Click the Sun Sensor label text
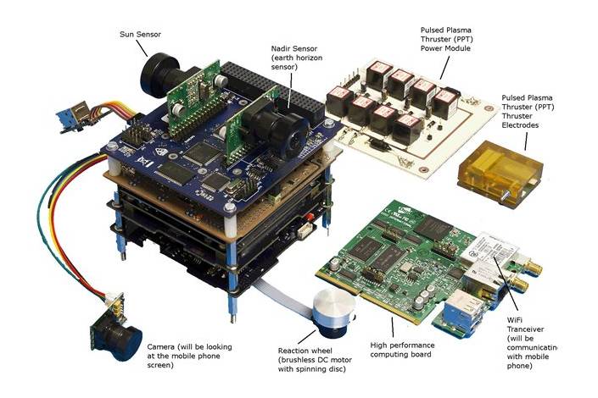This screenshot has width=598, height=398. click(x=140, y=34)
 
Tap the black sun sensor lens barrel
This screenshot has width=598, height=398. click(x=159, y=75)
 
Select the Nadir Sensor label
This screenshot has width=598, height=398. click(x=297, y=58)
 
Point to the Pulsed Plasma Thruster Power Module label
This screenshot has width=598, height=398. click(x=447, y=39)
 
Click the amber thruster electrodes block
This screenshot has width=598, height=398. click(x=500, y=171)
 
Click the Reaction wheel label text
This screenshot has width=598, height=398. click(x=315, y=360)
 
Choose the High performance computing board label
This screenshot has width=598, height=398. click(x=402, y=350)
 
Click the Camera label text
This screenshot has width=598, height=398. click(x=189, y=357)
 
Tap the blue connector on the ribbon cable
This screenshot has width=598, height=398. click(x=72, y=118)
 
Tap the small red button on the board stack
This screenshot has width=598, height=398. click(x=310, y=217)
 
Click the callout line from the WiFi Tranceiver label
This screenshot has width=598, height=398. click(x=506, y=285)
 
